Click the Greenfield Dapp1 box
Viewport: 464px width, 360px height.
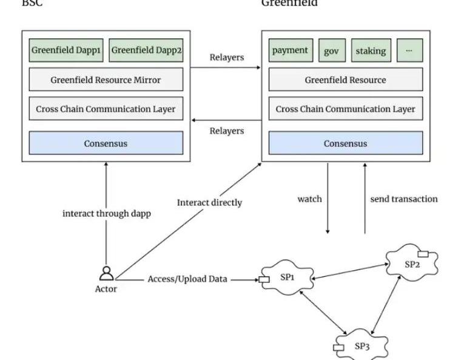(66, 50)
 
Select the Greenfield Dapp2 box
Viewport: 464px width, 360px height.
(146, 50)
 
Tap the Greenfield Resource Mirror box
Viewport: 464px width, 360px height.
(106, 80)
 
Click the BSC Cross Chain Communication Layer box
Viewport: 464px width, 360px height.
(106, 109)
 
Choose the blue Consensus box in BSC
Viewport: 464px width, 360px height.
(106, 144)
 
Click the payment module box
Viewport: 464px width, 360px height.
(291, 50)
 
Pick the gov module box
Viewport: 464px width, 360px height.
(331, 50)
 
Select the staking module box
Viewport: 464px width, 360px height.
(371, 50)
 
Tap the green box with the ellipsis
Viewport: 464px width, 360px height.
(409, 50)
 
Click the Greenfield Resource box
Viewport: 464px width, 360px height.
(345, 80)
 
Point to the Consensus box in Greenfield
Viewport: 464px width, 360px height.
(345, 144)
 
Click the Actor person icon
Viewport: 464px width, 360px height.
(106, 273)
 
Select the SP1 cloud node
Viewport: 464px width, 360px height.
(287, 278)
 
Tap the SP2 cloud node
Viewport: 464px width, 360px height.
(412, 263)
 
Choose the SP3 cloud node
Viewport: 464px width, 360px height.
(361, 346)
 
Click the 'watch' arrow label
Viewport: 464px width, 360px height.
(309, 199)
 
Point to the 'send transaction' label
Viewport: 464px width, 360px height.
(403, 199)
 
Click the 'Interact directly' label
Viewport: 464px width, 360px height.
(209, 203)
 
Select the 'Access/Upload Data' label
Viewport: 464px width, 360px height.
(187, 279)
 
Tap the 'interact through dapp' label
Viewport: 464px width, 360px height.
(106, 214)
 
